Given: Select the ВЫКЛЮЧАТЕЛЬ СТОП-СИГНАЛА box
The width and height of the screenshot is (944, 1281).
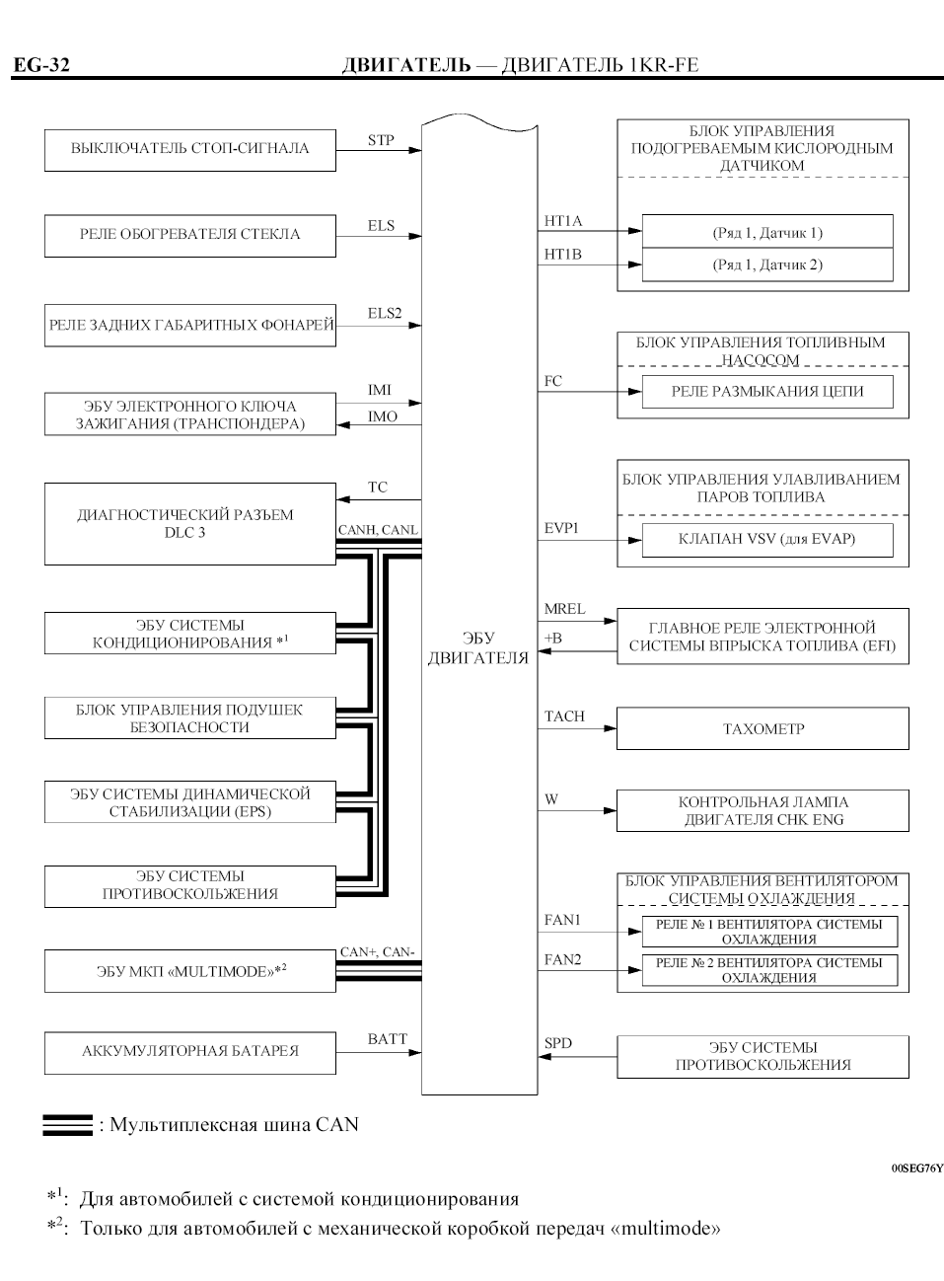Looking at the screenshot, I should click(x=189, y=149).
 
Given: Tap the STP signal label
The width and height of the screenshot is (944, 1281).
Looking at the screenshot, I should click(x=381, y=140).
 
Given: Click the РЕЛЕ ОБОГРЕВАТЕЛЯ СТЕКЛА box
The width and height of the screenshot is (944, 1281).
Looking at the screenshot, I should click(x=189, y=235).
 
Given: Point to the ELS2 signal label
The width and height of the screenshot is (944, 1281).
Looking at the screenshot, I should click(x=385, y=313).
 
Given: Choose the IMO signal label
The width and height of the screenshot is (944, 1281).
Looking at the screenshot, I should click(x=383, y=416).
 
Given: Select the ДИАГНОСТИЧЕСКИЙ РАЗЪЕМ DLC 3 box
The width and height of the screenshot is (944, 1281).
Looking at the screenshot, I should click(x=189, y=524).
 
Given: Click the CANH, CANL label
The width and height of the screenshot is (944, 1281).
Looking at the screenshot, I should click(x=378, y=530).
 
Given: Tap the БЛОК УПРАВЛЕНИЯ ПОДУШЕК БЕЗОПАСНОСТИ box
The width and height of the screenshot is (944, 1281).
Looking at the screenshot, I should click(x=189, y=718).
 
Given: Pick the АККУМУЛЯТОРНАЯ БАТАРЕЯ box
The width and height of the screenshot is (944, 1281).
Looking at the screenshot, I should click(x=189, y=1051).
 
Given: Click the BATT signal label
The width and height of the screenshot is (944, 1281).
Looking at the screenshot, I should click(x=387, y=1038).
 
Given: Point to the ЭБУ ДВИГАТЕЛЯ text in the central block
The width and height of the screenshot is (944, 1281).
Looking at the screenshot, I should click(x=478, y=648).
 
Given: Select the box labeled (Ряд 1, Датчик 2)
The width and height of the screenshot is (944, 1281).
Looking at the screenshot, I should click(x=766, y=264).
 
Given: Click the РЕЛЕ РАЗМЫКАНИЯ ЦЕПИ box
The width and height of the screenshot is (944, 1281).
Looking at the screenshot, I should click(x=766, y=391).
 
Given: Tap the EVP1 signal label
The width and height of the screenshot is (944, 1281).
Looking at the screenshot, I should click(x=561, y=528).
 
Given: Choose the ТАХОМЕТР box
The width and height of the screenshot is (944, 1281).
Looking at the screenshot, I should click(x=762, y=729).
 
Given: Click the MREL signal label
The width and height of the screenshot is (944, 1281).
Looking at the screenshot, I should click(x=564, y=609).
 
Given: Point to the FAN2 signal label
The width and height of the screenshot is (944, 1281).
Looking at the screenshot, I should click(x=562, y=959).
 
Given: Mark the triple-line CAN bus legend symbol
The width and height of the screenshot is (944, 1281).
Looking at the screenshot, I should click(x=67, y=1125).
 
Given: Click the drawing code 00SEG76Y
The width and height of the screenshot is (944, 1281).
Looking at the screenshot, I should click(x=917, y=1168).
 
